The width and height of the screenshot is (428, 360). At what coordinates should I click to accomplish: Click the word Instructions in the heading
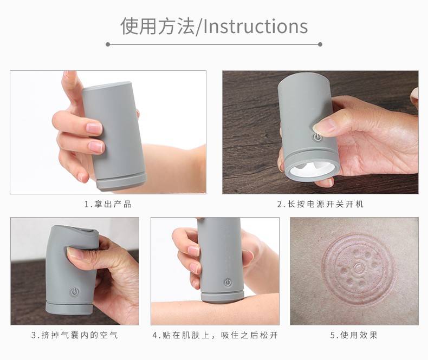[x=256, y=26]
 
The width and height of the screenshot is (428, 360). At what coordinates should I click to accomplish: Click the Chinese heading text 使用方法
[x=158, y=26]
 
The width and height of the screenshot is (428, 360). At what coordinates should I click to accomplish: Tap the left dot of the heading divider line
[x=108, y=44]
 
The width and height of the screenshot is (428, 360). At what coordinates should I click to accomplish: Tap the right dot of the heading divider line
[x=320, y=44]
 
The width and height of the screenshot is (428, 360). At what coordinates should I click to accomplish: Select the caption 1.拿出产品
[x=108, y=204]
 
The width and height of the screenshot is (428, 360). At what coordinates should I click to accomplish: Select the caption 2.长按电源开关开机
[x=320, y=204]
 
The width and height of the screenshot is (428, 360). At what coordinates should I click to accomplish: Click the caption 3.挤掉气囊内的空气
[x=75, y=335]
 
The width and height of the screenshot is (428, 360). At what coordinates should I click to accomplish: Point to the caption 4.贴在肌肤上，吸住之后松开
[x=215, y=335]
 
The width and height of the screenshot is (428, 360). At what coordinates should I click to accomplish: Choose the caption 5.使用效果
[x=354, y=335]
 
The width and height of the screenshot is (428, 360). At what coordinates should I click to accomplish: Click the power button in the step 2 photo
[x=317, y=137]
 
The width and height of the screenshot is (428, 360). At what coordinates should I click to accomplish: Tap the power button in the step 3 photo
[x=75, y=292]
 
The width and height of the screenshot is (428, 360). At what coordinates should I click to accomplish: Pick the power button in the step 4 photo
[x=228, y=283]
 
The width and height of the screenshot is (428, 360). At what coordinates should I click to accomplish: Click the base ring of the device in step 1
[x=122, y=182]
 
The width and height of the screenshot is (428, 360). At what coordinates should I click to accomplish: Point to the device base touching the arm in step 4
[x=222, y=297]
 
